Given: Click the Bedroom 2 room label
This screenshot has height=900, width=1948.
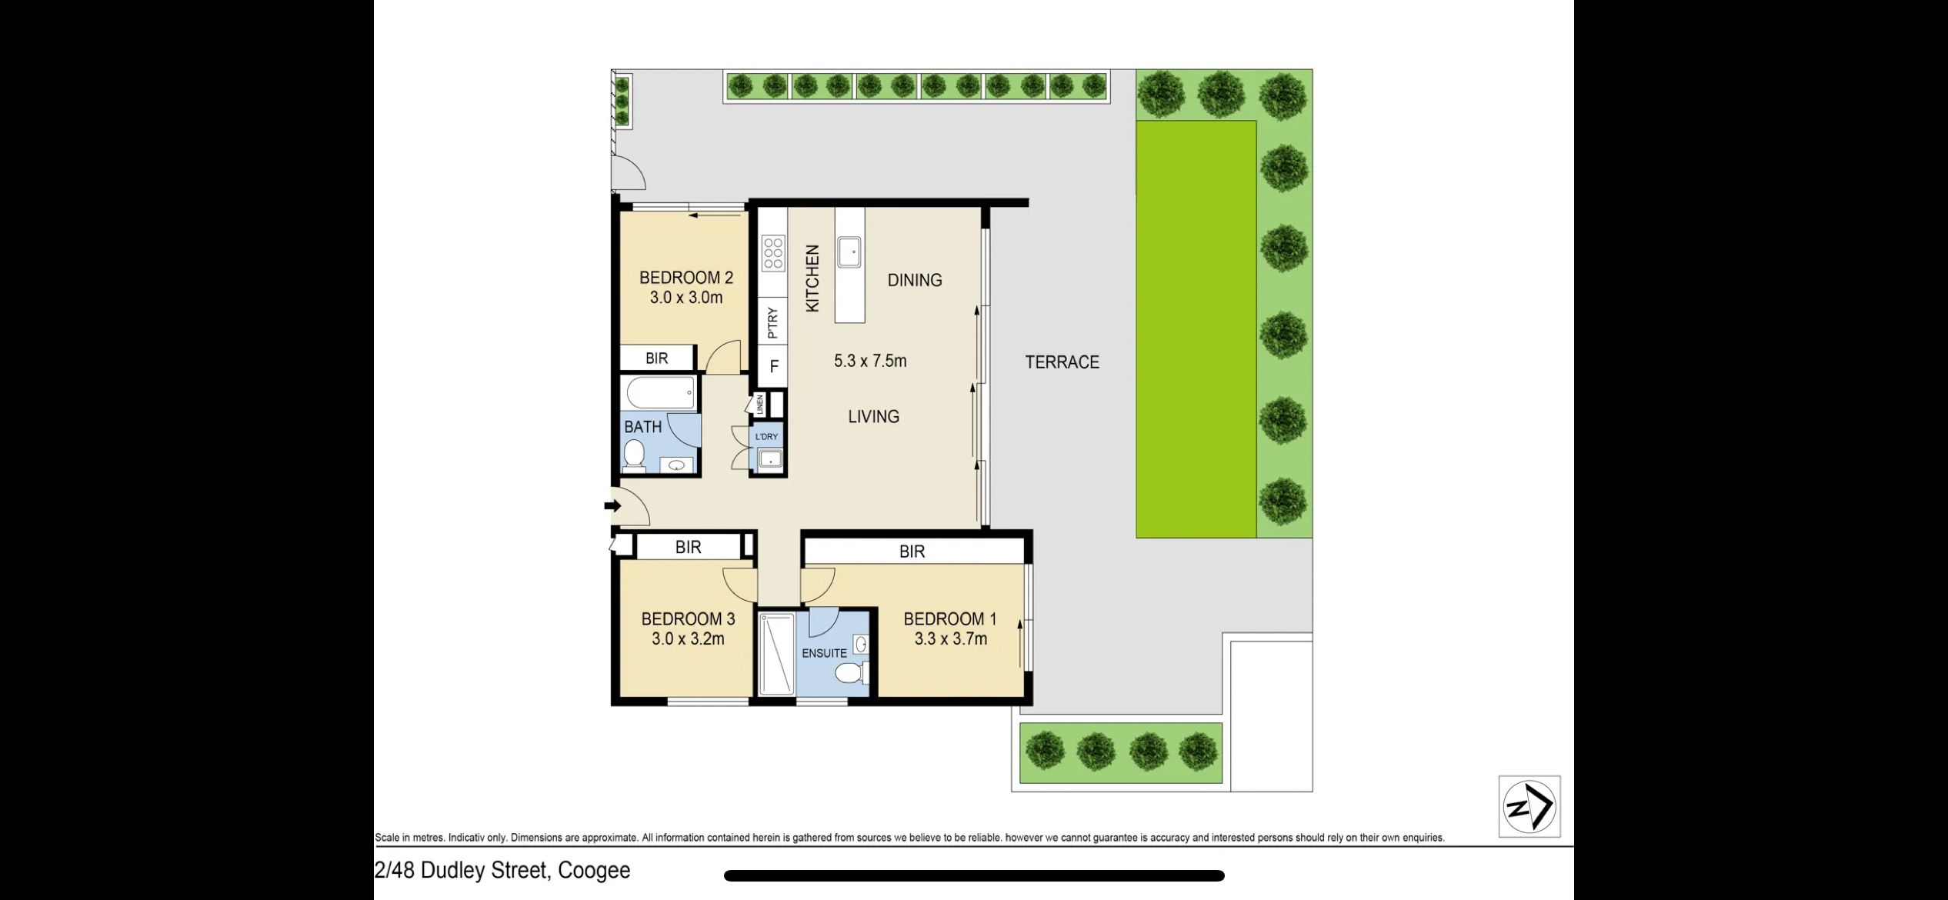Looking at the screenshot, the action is [x=686, y=278].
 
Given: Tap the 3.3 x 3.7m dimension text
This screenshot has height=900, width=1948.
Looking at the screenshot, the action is [x=951, y=638].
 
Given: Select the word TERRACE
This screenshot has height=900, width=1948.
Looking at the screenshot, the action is [x=1062, y=362].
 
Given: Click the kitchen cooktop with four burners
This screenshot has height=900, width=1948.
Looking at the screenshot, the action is [x=773, y=253].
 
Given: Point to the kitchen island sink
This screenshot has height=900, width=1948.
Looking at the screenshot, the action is [x=849, y=252].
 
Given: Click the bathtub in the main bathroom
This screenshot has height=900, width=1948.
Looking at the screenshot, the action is [x=661, y=393].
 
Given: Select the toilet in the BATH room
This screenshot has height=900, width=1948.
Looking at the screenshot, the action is [x=634, y=454].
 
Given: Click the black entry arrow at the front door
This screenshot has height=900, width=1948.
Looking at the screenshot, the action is [x=612, y=506].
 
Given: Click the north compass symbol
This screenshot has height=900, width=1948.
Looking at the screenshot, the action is [x=1529, y=806].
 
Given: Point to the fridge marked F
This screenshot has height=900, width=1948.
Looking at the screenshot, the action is [x=774, y=367].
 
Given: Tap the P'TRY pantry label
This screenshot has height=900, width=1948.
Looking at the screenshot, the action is [x=773, y=323].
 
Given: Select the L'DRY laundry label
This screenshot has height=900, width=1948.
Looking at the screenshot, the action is [x=766, y=437].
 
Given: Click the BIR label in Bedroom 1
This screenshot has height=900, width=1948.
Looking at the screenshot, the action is [x=912, y=552].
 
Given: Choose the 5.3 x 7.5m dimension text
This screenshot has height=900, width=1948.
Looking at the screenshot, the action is [x=870, y=361].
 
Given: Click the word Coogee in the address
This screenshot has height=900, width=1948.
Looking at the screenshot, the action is [x=594, y=870].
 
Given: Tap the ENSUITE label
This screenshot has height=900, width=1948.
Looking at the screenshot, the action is [x=824, y=653].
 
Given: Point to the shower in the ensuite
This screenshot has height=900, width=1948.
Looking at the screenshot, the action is [x=776, y=654].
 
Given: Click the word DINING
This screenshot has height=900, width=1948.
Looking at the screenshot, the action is [x=915, y=280].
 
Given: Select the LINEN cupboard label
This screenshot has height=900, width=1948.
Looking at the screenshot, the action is [x=760, y=405].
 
